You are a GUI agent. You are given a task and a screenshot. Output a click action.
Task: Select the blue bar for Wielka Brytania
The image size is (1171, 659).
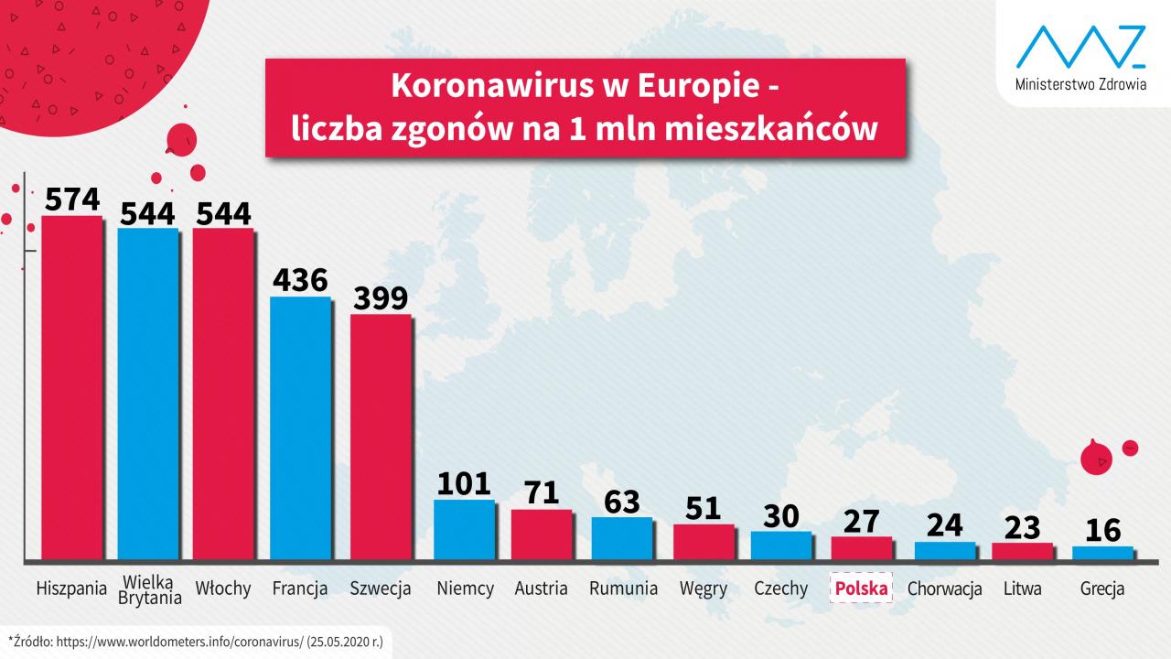[148, 394]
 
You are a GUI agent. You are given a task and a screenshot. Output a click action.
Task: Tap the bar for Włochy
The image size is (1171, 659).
[223, 394]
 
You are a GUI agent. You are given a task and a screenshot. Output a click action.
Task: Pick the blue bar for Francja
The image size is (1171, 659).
[300, 427]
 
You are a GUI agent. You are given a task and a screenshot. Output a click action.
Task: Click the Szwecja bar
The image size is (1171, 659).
[381, 437]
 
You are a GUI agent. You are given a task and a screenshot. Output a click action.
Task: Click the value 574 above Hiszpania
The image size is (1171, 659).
[72, 200]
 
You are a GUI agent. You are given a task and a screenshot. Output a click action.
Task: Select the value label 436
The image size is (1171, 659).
[300, 280]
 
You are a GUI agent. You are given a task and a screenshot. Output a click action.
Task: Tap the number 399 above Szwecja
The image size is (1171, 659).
[381, 299]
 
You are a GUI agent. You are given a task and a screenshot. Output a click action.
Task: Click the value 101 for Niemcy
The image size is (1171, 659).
[464, 483]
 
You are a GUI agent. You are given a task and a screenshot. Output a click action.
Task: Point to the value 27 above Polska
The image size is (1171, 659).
[861, 521]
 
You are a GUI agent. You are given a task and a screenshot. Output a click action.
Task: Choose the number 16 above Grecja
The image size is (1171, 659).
[1102, 530]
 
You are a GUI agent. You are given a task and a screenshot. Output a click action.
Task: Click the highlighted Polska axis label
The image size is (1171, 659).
[860, 589]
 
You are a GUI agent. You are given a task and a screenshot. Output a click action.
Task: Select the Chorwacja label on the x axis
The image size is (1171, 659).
[944, 589]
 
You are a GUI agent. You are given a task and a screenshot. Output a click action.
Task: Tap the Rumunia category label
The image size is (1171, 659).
[623, 589]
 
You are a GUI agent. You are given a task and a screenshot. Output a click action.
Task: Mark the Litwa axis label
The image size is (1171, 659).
[1022, 589]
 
